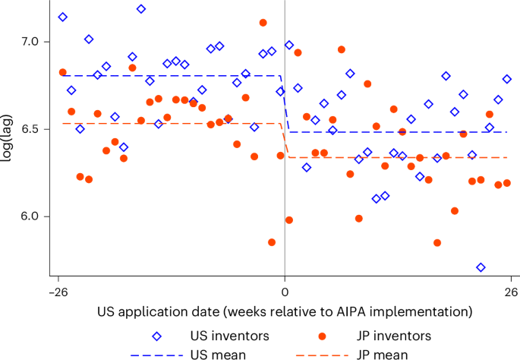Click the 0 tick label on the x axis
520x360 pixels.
tap(285, 292)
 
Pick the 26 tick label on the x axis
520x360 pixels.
tap(511, 292)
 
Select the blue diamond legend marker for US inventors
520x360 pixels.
tap(157, 336)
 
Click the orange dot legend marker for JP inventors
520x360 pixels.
tap(322, 336)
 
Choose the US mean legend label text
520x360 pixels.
tap(218, 354)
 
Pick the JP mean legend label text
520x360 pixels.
tap(382, 354)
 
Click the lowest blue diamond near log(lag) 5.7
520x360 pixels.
tap(481, 267)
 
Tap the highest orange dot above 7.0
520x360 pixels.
tap(263, 23)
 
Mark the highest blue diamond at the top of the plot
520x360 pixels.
tap(141, 9)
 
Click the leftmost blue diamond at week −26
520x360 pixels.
tap(62, 17)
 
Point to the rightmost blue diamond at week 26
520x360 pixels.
tap(507, 79)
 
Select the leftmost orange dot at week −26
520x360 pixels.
tap(62, 72)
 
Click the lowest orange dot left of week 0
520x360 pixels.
tap(272, 242)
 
